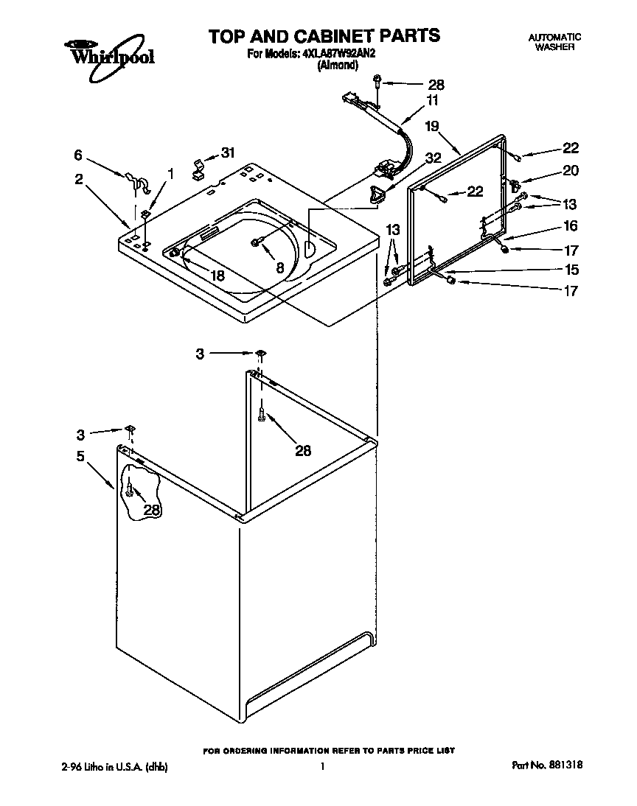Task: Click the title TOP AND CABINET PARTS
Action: click(324, 35)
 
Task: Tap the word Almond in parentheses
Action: click(338, 65)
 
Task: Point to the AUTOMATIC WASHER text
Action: click(554, 41)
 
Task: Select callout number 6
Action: click(78, 155)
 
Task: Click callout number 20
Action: click(570, 170)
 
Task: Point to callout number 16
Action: click(570, 226)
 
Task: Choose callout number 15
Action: click(570, 270)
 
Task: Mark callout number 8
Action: click(279, 268)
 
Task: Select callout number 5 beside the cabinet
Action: click(80, 456)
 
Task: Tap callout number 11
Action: click(432, 100)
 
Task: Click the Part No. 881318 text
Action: click(547, 765)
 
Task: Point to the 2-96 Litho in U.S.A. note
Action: click(114, 766)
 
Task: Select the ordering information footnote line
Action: click(329, 750)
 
